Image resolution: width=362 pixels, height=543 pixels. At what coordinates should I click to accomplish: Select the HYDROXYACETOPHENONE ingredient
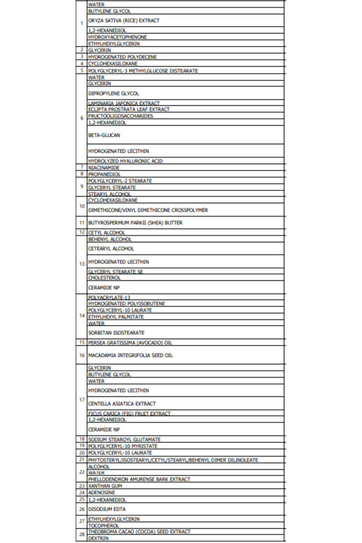pyautogui.click(x=117, y=37)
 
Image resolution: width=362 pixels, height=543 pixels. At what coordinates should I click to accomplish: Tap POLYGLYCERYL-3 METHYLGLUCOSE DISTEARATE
pyautogui.click(x=143, y=71)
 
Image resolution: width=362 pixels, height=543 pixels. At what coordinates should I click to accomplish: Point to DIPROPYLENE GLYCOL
pyautogui.click(x=114, y=93)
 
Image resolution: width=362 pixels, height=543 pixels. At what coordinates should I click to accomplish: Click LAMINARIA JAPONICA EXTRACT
pyautogui.click(x=124, y=103)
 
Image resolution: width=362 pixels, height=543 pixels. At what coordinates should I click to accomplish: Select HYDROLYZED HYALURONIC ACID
pyautogui.click(x=125, y=161)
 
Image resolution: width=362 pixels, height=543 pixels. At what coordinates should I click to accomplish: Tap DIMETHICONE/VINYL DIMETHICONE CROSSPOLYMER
pyautogui.click(x=148, y=210)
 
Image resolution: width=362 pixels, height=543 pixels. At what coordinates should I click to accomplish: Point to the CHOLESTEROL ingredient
pyautogui.click(x=104, y=278)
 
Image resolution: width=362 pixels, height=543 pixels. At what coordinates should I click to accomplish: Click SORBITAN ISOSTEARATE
pyautogui.click(x=116, y=332)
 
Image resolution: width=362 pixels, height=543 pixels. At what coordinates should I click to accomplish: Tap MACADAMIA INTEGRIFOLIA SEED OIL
pyautogui.click(x=131, y=355)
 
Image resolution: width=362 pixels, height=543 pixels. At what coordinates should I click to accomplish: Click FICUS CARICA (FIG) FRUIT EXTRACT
pyautogui.click(x=129, y=414)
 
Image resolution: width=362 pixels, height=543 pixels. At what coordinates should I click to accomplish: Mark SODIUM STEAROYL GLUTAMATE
pyautogui.click(x=124, y=439)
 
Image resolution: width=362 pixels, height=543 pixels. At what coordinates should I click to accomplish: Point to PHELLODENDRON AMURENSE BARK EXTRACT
pyautogui.click(x=139, y=479)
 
